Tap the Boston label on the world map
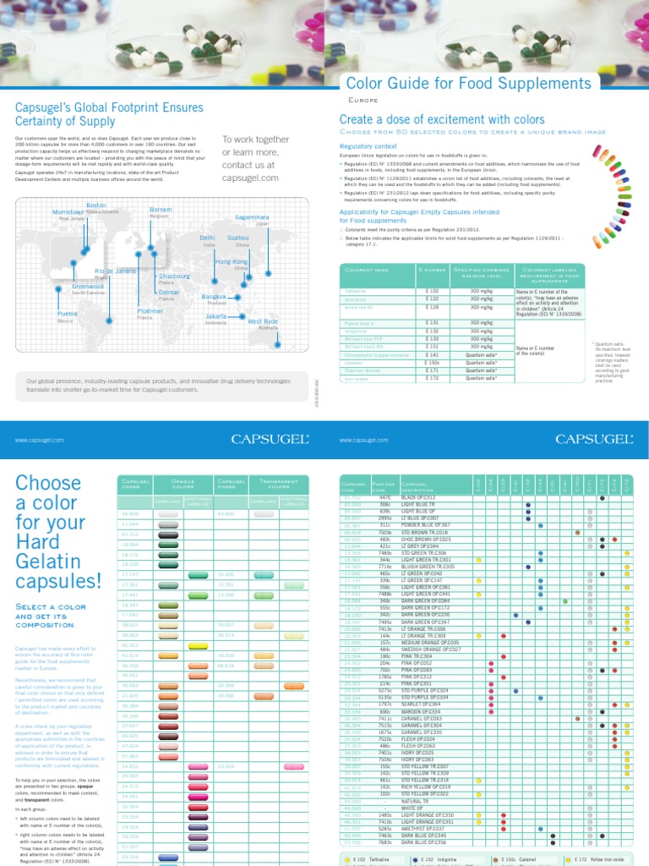coord(96,205)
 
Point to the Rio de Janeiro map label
coord(115,270)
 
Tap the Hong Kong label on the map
coord(231,262)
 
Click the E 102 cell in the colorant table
coord(431,291)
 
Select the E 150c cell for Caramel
coord(431,362)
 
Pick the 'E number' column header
coord(431,269)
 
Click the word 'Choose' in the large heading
coord(48,484)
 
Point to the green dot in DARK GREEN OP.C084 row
coord(564,601)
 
